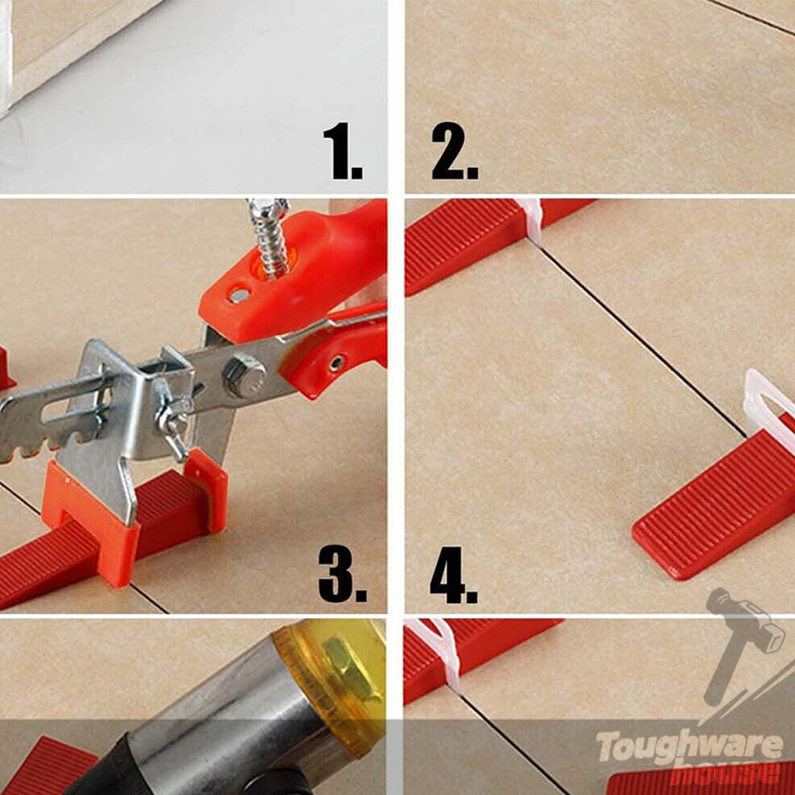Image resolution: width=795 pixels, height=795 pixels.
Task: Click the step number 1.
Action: point(343,151)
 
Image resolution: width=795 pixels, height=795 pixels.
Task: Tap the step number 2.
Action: point(454,151)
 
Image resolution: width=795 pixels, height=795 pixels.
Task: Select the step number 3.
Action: point(342,574)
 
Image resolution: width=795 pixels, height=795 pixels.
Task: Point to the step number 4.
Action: point(453,574)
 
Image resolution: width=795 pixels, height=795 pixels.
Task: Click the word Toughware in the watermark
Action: point(690,747)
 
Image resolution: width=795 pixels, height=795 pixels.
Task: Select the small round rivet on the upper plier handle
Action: point(239,295)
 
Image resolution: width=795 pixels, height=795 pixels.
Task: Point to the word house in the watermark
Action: point(726,772)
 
